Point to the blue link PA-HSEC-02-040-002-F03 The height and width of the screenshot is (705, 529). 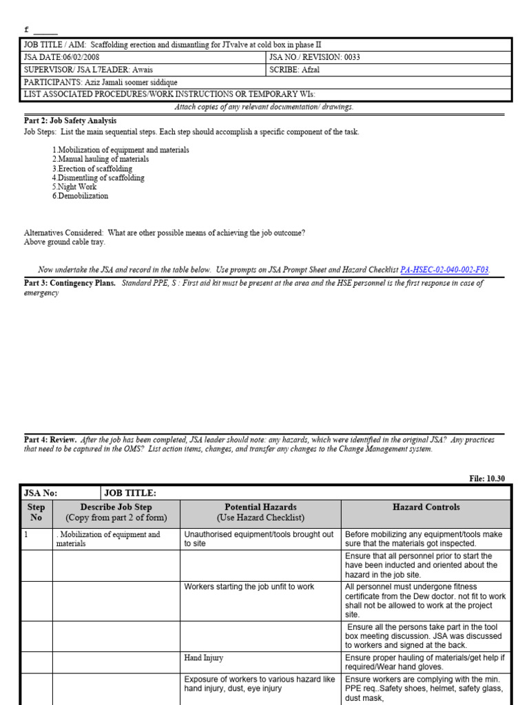444,271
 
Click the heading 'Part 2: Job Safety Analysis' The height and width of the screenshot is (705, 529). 70,120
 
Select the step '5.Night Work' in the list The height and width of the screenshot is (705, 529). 74,187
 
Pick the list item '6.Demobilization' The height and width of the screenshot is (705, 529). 80,196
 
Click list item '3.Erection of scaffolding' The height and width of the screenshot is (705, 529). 92,169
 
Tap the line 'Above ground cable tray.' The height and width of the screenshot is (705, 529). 65,242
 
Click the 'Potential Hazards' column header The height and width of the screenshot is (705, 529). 260,507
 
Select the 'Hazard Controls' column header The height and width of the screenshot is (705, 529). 426,507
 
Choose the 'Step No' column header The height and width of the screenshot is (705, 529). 37,512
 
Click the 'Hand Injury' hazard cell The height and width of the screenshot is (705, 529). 203,658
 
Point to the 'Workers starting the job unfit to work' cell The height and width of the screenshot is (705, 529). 249,587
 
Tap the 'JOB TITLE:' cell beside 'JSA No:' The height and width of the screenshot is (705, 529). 130,493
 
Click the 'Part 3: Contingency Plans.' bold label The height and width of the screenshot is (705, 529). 70,284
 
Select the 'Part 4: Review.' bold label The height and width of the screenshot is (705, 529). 50,439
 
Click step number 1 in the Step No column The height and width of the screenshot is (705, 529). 26,534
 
